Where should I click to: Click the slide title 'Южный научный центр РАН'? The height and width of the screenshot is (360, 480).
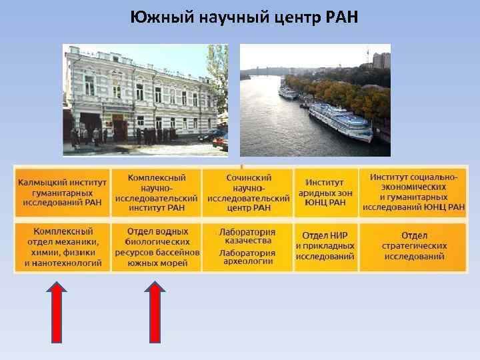(244, 17)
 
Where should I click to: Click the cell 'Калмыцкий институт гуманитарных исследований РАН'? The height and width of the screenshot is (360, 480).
(62, 192)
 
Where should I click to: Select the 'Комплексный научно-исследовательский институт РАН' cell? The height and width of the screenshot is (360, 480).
(157, 192)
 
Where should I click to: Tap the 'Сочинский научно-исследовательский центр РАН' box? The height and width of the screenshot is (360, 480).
(248, 192)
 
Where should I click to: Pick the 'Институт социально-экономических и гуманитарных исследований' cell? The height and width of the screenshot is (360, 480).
(413, 192)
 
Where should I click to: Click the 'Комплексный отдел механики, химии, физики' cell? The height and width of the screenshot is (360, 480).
(62, 247)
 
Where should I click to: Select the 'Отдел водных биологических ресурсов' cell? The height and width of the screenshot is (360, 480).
(157, 247)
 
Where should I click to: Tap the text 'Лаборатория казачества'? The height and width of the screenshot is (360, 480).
(248, 236)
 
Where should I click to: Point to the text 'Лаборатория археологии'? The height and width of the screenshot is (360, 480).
(248, 257)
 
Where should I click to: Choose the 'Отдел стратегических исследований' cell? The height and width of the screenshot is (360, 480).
(413, 246)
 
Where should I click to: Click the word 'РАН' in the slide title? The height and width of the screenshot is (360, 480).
(342, 17)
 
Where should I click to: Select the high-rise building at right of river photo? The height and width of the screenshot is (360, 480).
(381, 61)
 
